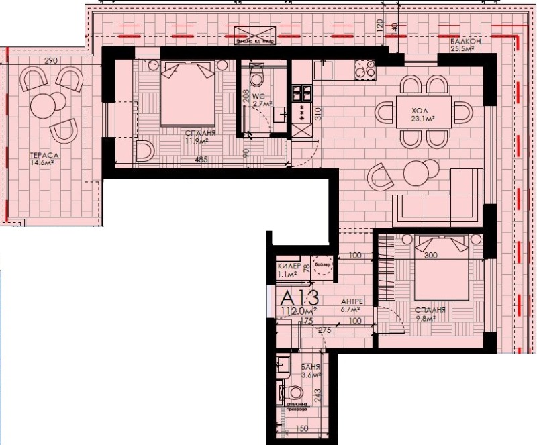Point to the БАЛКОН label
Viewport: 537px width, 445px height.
(x=462, y=41)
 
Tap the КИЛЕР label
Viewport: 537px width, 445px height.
(x=288, y=266)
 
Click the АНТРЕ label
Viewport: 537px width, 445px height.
(x=351, y=301)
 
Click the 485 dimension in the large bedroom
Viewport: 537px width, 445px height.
(x=201, y=160)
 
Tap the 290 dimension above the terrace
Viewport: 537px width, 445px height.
(x=50, y=61)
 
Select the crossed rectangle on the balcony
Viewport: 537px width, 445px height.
(x=255, y=35)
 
